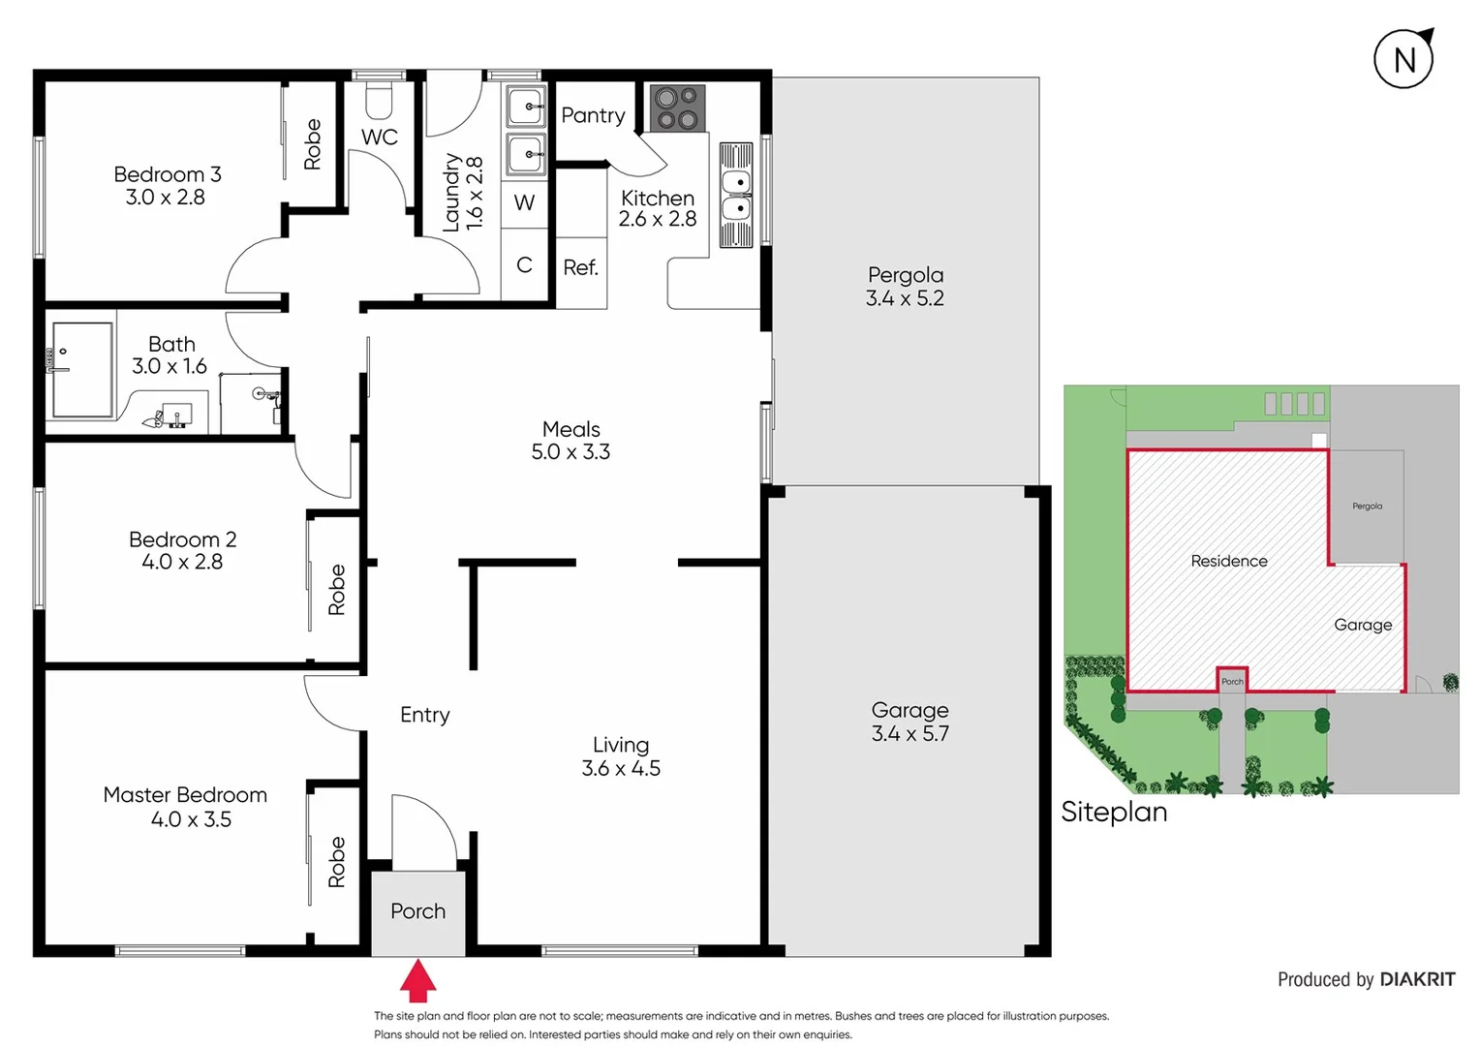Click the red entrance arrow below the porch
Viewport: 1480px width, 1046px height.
click(x=417, y=981)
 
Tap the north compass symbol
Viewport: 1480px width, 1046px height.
click(x=1403, y=60)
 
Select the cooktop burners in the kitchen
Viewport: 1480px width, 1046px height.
click(x=677, y=108)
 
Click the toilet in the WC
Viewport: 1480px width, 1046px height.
click(x=378, y=98)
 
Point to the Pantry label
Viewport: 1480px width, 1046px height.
click(x=593, y=115)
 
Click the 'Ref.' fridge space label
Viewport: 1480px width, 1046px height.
click(x=580, y=267)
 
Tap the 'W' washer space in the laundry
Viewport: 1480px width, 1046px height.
click(x=524, y=202)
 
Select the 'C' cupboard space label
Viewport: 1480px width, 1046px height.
click(x=524, y=264)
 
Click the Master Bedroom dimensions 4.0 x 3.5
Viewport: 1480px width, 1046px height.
click(x=191, y=819)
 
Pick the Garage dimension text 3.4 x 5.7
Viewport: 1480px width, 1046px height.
click(x=910, y=733)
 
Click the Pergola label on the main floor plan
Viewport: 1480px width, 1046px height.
click(x=906, y=275)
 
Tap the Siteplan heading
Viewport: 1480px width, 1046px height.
click(x=1114, y=812)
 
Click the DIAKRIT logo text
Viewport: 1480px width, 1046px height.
click(x=1417, y=979)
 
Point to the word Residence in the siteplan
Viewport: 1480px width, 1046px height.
click(x=1228, y=561)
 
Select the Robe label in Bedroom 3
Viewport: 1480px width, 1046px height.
click(x=312, y=144)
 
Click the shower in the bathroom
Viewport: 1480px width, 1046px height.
click(x=82, y=370)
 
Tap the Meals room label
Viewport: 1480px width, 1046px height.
click(x=570, y=429)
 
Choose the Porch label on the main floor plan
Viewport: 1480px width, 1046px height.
click(x=417, y=911)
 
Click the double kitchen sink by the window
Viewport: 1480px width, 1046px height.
click(x=736, y=196)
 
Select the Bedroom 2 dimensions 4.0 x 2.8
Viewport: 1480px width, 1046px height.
click(x=182, y=562)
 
